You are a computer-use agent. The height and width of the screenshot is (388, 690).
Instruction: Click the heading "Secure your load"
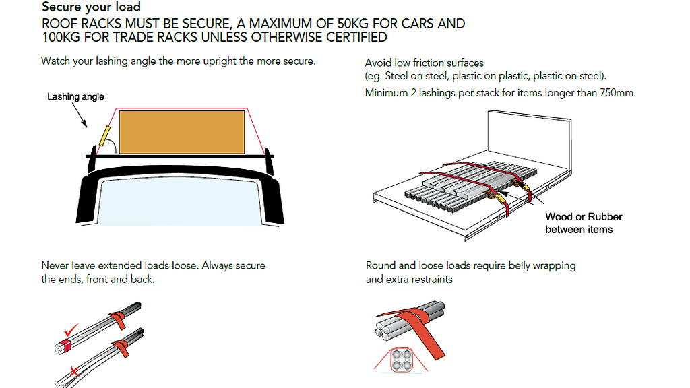pos(91,7)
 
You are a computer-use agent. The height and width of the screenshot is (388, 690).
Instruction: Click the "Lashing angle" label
pos(75,97)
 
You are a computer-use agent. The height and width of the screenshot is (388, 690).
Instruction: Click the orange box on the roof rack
pos(182,131)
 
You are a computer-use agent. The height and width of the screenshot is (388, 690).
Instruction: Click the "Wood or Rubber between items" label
pos(584,223)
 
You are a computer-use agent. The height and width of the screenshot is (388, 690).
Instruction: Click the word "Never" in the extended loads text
pos(55,265)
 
